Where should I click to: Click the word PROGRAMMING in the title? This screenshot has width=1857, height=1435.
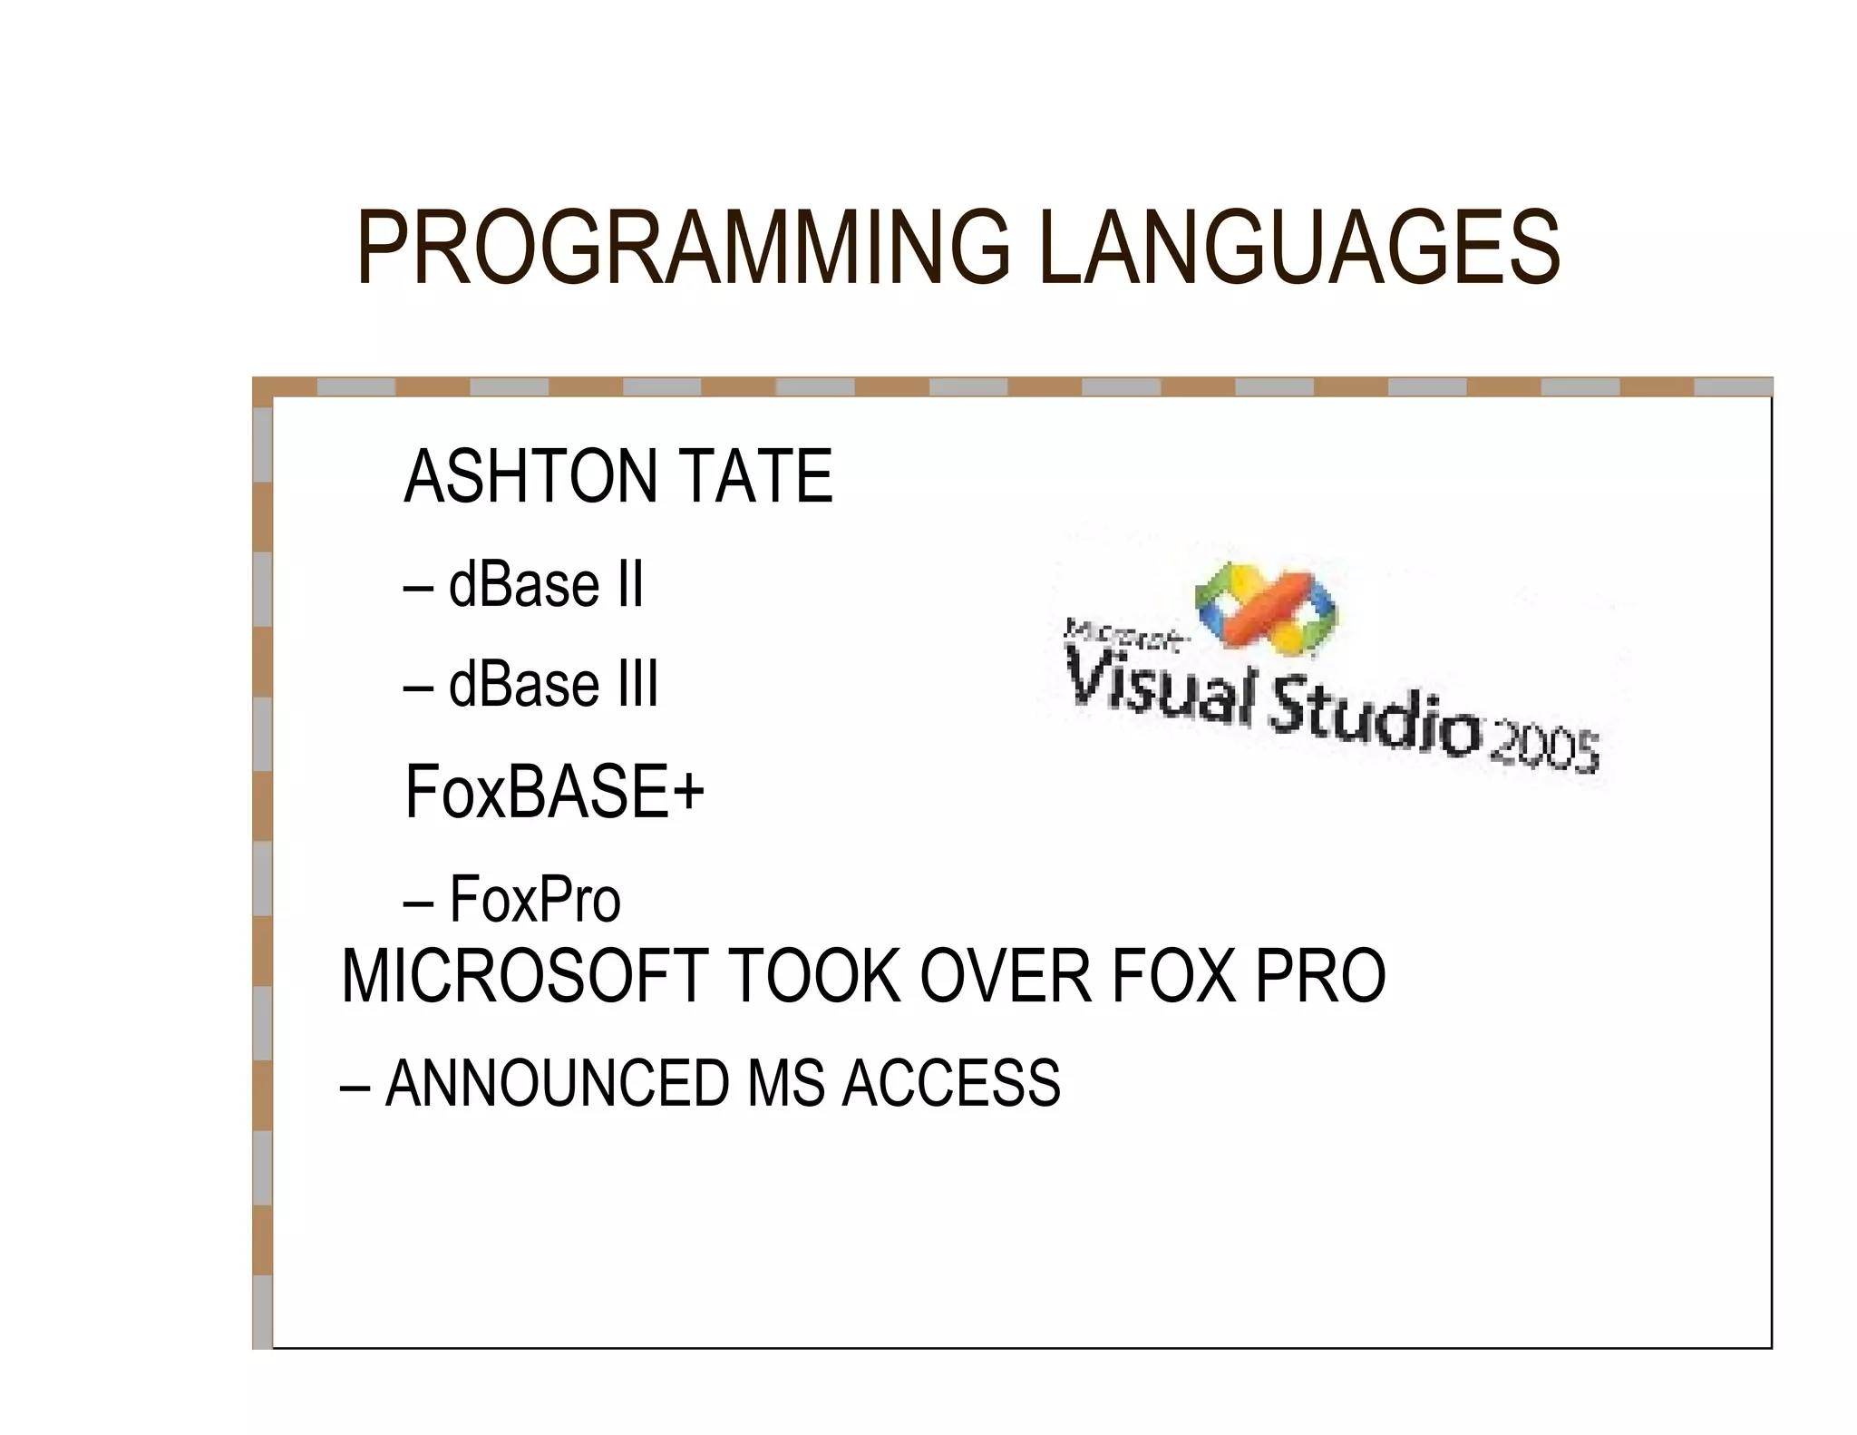click(x=683, y=248)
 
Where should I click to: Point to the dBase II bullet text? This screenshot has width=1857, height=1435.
click(x=545, y=584)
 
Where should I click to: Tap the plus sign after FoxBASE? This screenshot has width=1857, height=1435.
click(x=688, y=791)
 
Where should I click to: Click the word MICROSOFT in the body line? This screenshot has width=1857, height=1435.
click(x=525, y=976)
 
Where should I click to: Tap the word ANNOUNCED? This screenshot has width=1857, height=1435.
click(x=557, y=1083)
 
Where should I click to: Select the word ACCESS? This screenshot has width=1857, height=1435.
click(x=951, y=1083)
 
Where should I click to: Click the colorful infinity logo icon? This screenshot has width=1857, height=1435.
click(x=1267, y=607)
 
